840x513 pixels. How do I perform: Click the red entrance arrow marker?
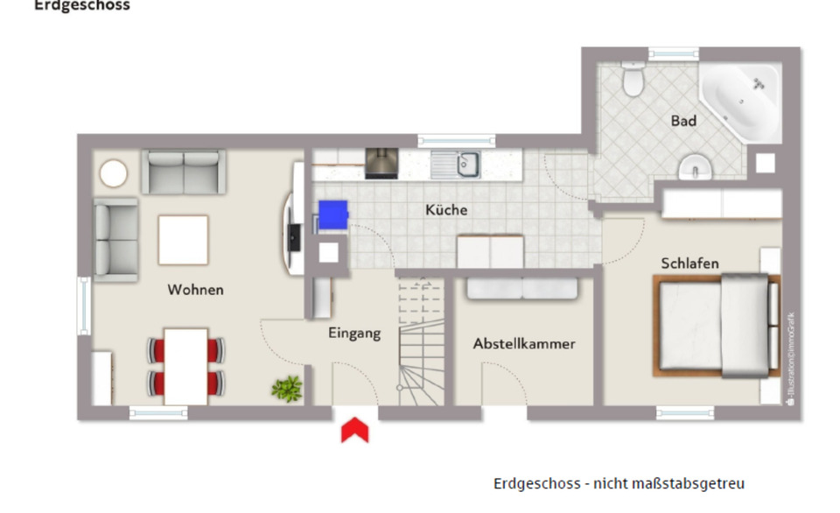tap(353, 430)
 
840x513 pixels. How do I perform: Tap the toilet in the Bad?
tap(632, 81)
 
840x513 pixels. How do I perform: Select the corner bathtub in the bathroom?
tap(742, 102)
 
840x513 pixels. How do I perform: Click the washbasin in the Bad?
tap(695, 165)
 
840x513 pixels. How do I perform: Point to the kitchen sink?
tap(465, 163)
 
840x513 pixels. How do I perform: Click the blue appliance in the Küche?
tap(332, 214)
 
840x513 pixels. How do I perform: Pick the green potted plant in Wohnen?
tap(286, 387)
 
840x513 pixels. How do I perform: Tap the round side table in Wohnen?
tap(114, 173)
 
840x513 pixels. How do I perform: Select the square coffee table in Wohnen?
tap(183, 240)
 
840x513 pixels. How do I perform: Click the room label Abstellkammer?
tap(524, 344)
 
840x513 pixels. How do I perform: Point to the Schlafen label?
tap(689, 264)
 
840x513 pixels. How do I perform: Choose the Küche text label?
tap(446, 210)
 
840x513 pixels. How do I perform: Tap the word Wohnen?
tap(195, 290)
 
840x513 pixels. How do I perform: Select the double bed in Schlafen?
tap(717, 326)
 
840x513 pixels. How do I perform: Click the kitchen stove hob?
tap(381, 162)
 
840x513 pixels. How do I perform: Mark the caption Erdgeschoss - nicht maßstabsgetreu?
tap(619, 483)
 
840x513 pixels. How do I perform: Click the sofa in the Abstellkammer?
tap(521, 289)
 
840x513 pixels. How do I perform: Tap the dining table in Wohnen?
tap(185, 366)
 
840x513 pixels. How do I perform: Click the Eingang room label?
tap(354, 333)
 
